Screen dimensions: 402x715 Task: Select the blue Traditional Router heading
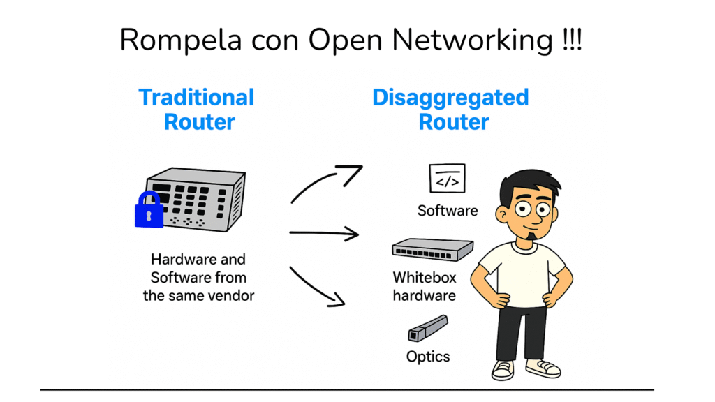click(x=197, y=109)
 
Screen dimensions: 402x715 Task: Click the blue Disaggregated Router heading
click(x=451, y=109)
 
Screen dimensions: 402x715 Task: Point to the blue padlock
click(x=148, y=210)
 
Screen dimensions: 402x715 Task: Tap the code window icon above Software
click(x=447, y=179)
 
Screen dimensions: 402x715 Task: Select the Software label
click(x=448, y=210)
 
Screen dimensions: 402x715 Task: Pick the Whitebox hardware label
click(x=425, y=286)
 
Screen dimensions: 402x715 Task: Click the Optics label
click(x=428, y=357)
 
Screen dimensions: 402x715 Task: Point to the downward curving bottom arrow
click(x=318, y=286)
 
